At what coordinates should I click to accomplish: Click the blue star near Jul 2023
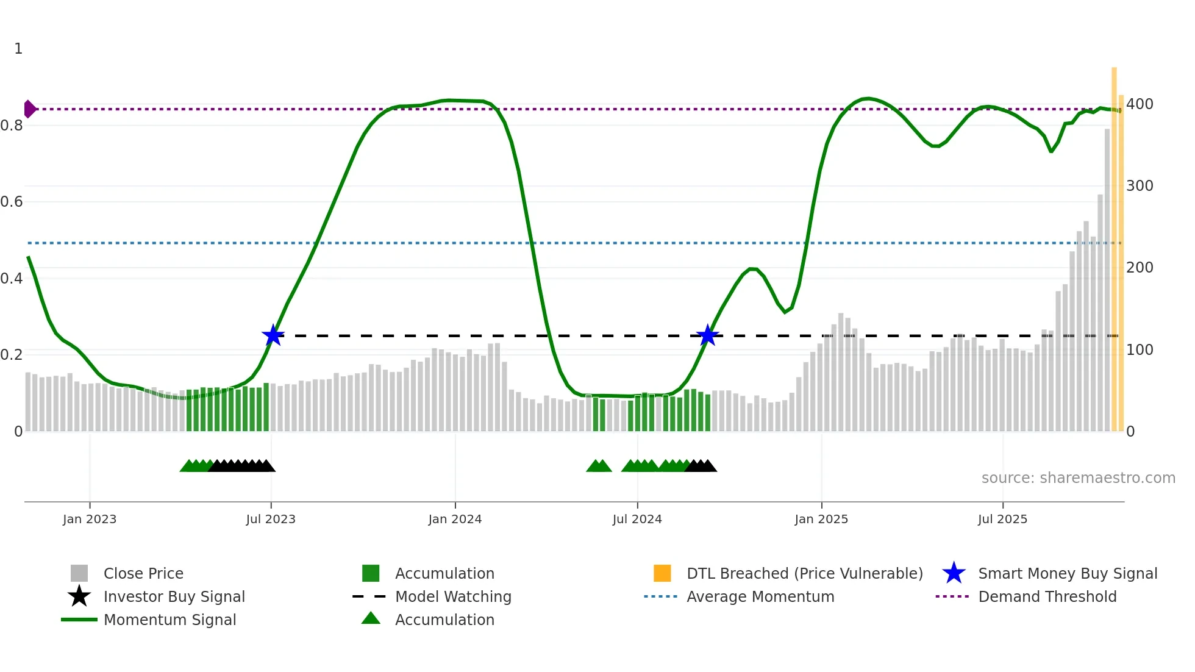[x=273, y=335]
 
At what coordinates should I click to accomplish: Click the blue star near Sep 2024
[x=707, y=335]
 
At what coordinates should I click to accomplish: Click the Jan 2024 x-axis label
[x=455, y=519]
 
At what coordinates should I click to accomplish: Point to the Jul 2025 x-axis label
[x=1002, y=519]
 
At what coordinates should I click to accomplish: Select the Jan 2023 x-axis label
[x=90, y=519]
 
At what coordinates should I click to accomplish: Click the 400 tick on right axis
[x=1140, y=104]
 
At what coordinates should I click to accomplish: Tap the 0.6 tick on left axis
[x=12, y=202]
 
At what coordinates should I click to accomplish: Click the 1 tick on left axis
[x=18, y=49]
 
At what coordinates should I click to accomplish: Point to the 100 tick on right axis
[x=1140, y=350]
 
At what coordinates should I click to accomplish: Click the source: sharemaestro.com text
[x=1078, y=478]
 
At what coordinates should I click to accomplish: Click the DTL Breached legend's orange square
[x=662, y=573]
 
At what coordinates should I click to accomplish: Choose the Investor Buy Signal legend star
[x=79, y=596]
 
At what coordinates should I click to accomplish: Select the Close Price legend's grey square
[x=79, y=573]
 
